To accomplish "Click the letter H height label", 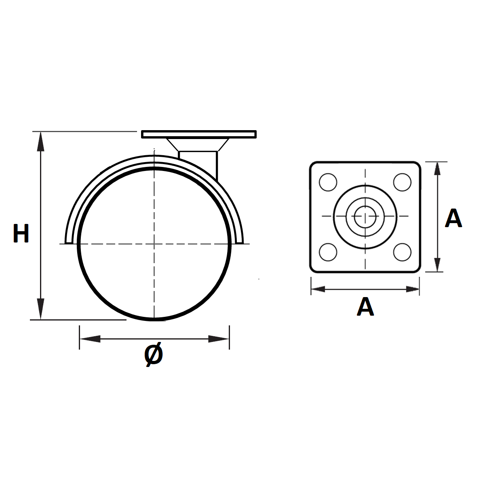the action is (x=21, y=233).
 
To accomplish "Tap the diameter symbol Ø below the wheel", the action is (x=154, y=354).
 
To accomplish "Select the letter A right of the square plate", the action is (x=453, y=218).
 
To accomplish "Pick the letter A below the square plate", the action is (x=365, y=306).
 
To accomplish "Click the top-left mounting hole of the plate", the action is (x=328, y=182).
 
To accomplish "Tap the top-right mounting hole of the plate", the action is (x=402, y=182).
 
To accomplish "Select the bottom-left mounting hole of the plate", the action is (x=328, y=252).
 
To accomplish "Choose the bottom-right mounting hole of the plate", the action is (x=402, y=252).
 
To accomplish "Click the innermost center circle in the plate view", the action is (x=365, y=217).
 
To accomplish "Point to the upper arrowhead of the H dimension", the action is (x=41, y=141).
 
